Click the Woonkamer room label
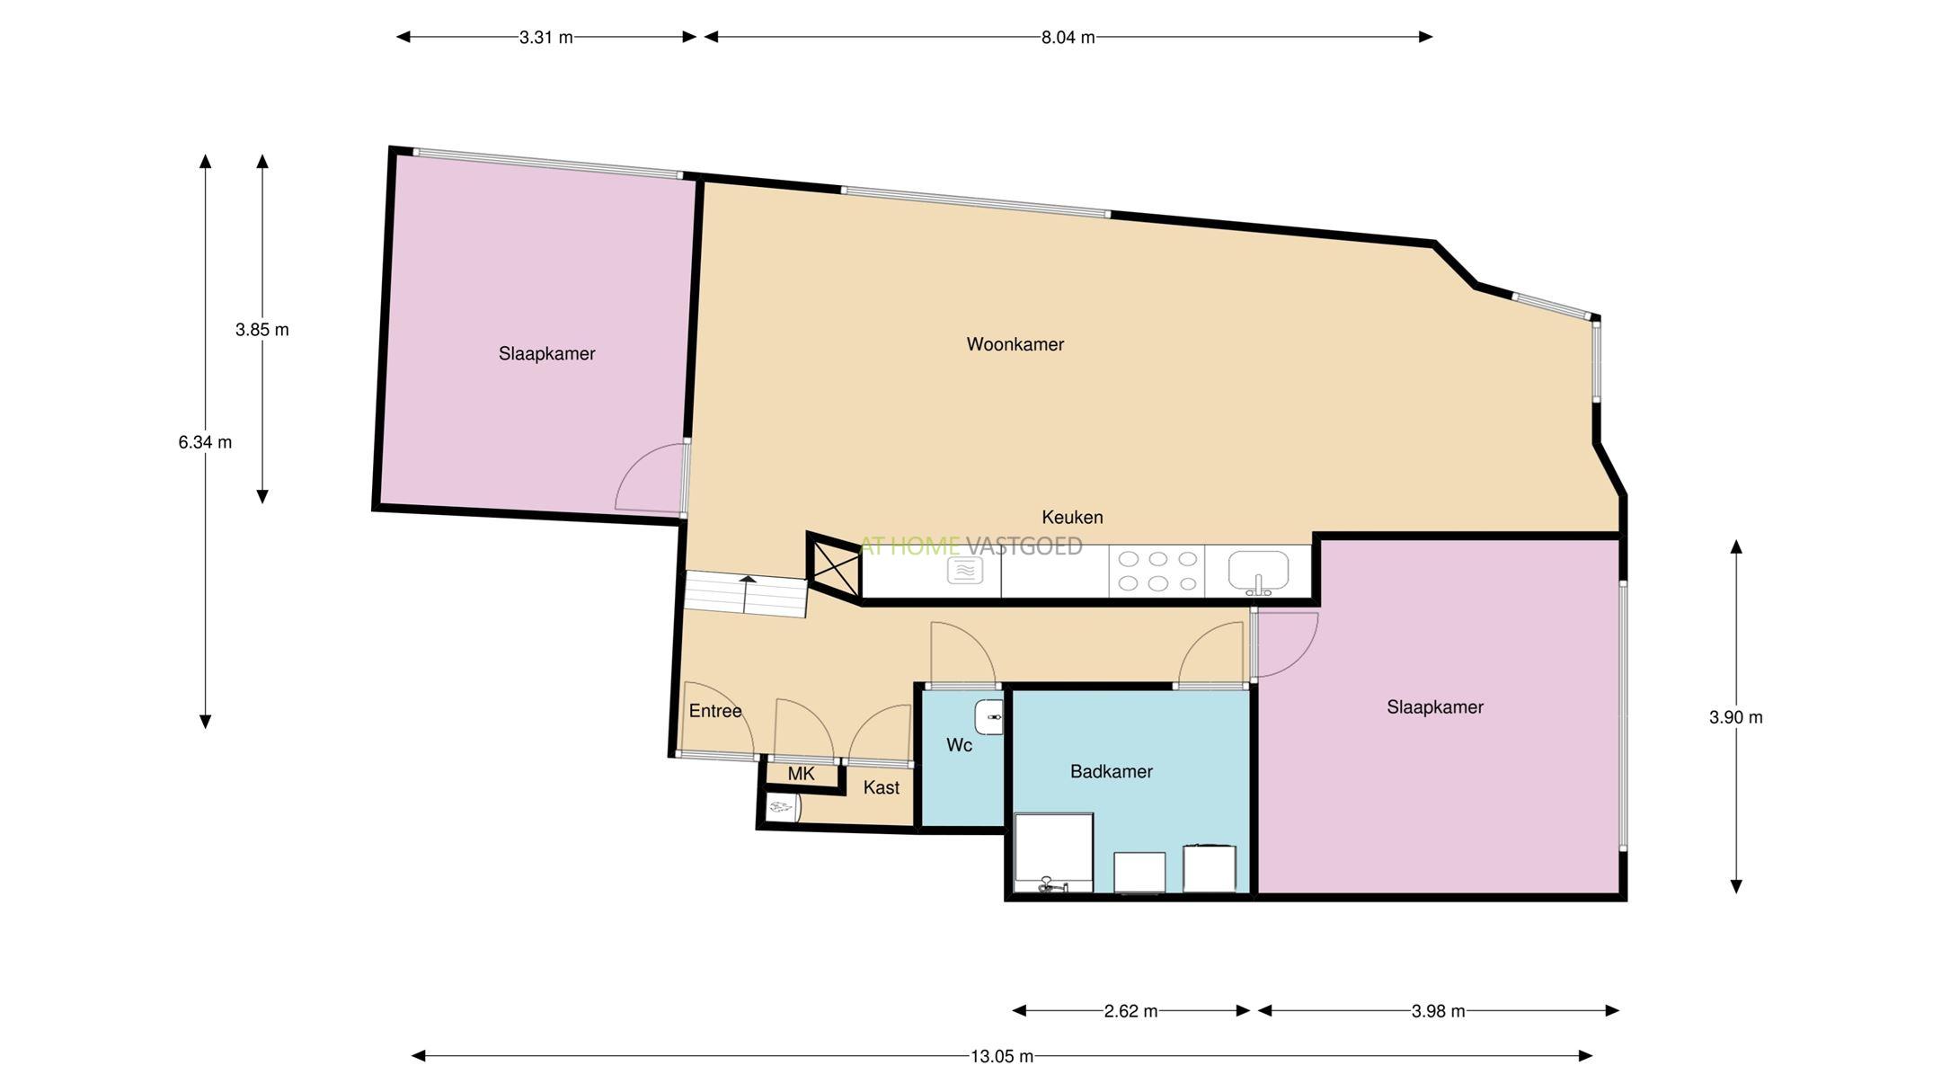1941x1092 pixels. pyautogui.click(x=1015, y=344)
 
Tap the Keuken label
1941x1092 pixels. pyautogui.click(x=1072, y=517)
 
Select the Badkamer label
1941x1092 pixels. pyautogui.click(x=1111, y=771)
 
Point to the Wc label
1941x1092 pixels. pyautogui.click(x=959, y=745)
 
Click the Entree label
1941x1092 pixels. pyautogui.click(x=715, y=711)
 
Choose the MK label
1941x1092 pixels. pyautogui.click(x=801, y=774)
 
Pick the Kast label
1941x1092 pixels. pyautogui.click(x=881, y=787)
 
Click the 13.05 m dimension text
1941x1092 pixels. pyautogui.click(x=1001, y=1056)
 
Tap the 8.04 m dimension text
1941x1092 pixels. pyautogui.click(x=1068, y=37)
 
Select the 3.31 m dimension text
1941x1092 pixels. pyautogui.click(x=545, y=37)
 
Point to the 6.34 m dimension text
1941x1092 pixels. pyautogui.click(x=205, y=442)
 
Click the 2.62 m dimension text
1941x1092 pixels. pyautogui.click(x=1130, y=1011)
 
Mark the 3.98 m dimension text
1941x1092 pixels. pyautogui.click(x=1438, y=1011)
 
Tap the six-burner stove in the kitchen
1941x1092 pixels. pyautogui.click(x=1157, y=571)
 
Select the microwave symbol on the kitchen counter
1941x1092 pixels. pyautogui.click(x=964, y=570)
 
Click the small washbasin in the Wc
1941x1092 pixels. pyautogui.click(x=988, y=717)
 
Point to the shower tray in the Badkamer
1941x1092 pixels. pyautogui.click(x=1053, y=853)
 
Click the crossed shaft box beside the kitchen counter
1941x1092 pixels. pyautogui.click(x=835, y=566)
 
